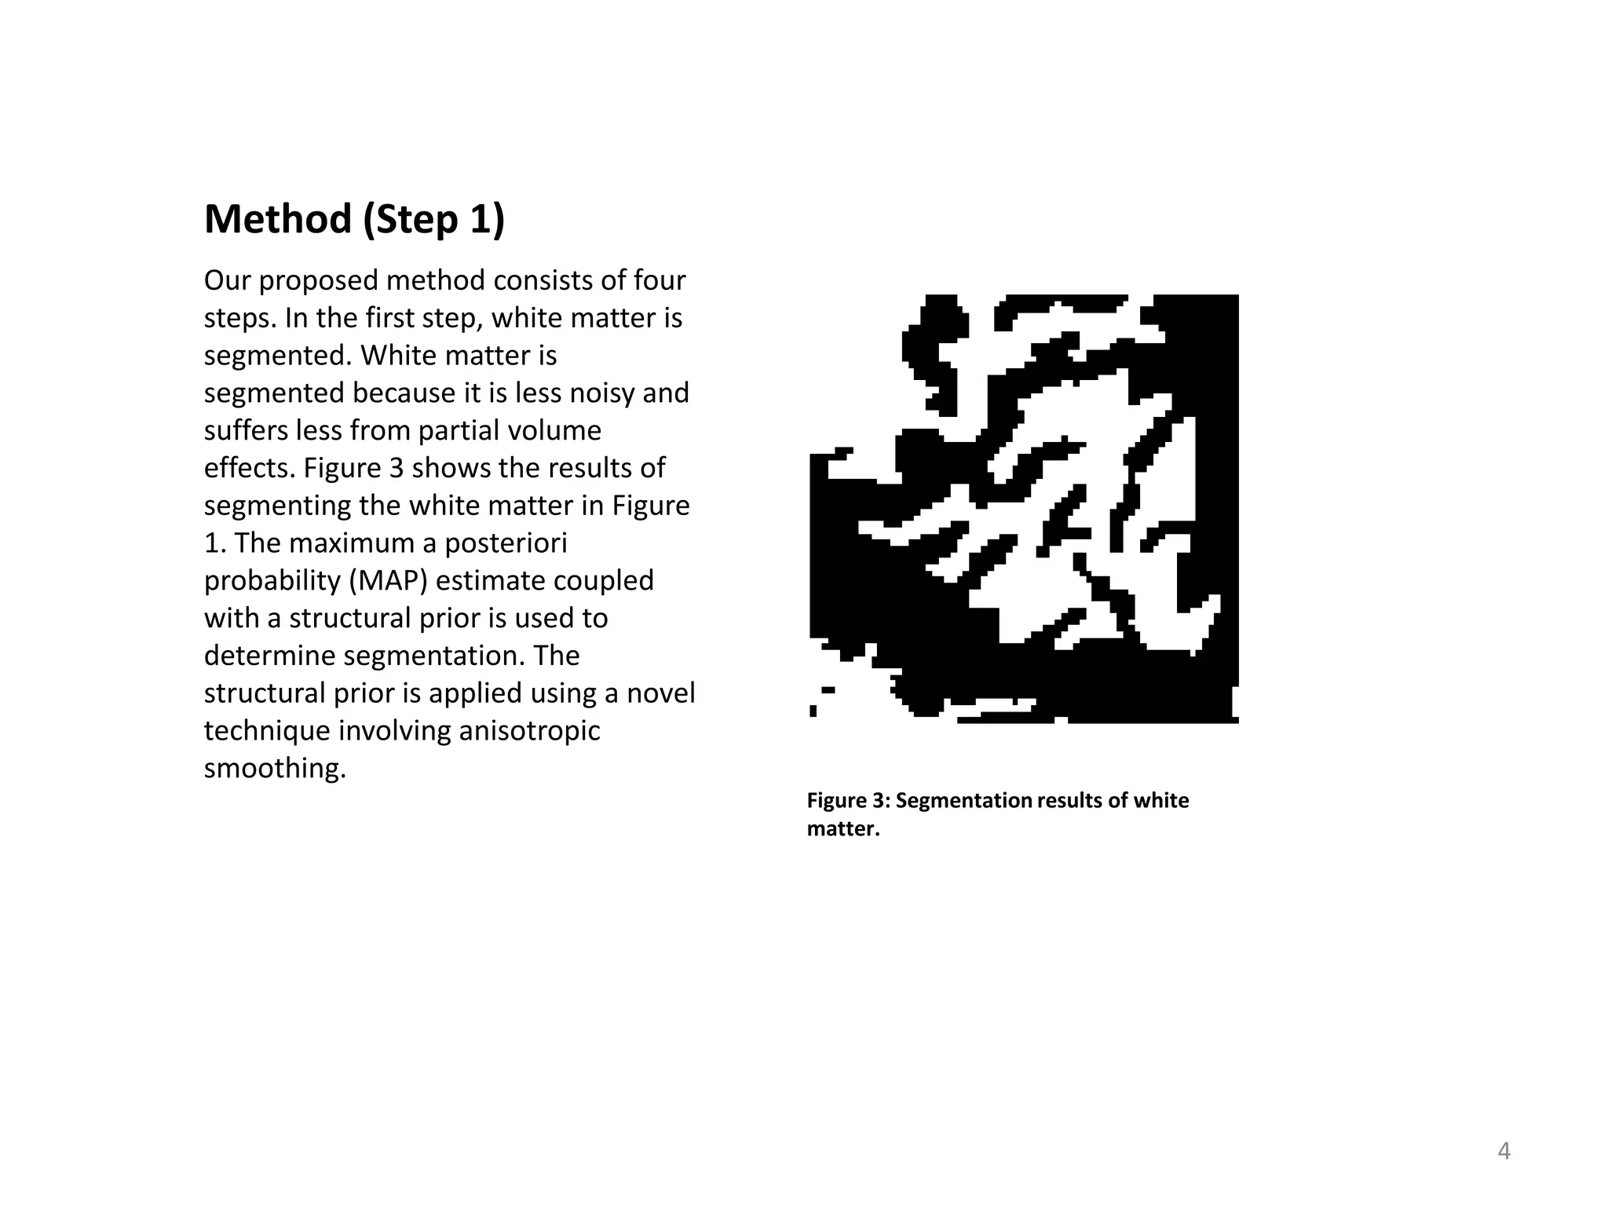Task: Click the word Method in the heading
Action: (x=278, y=219)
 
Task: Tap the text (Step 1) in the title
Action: (x=433, y=219)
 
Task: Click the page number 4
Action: (x=1504, y=1151)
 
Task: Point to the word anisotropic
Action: (x=529, y=731)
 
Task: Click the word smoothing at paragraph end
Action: (x=274, y=769)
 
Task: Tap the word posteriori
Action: (x=506, y=543)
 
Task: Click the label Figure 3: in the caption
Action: (x=848, y=801)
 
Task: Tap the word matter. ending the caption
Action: (x=843, y=829)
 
